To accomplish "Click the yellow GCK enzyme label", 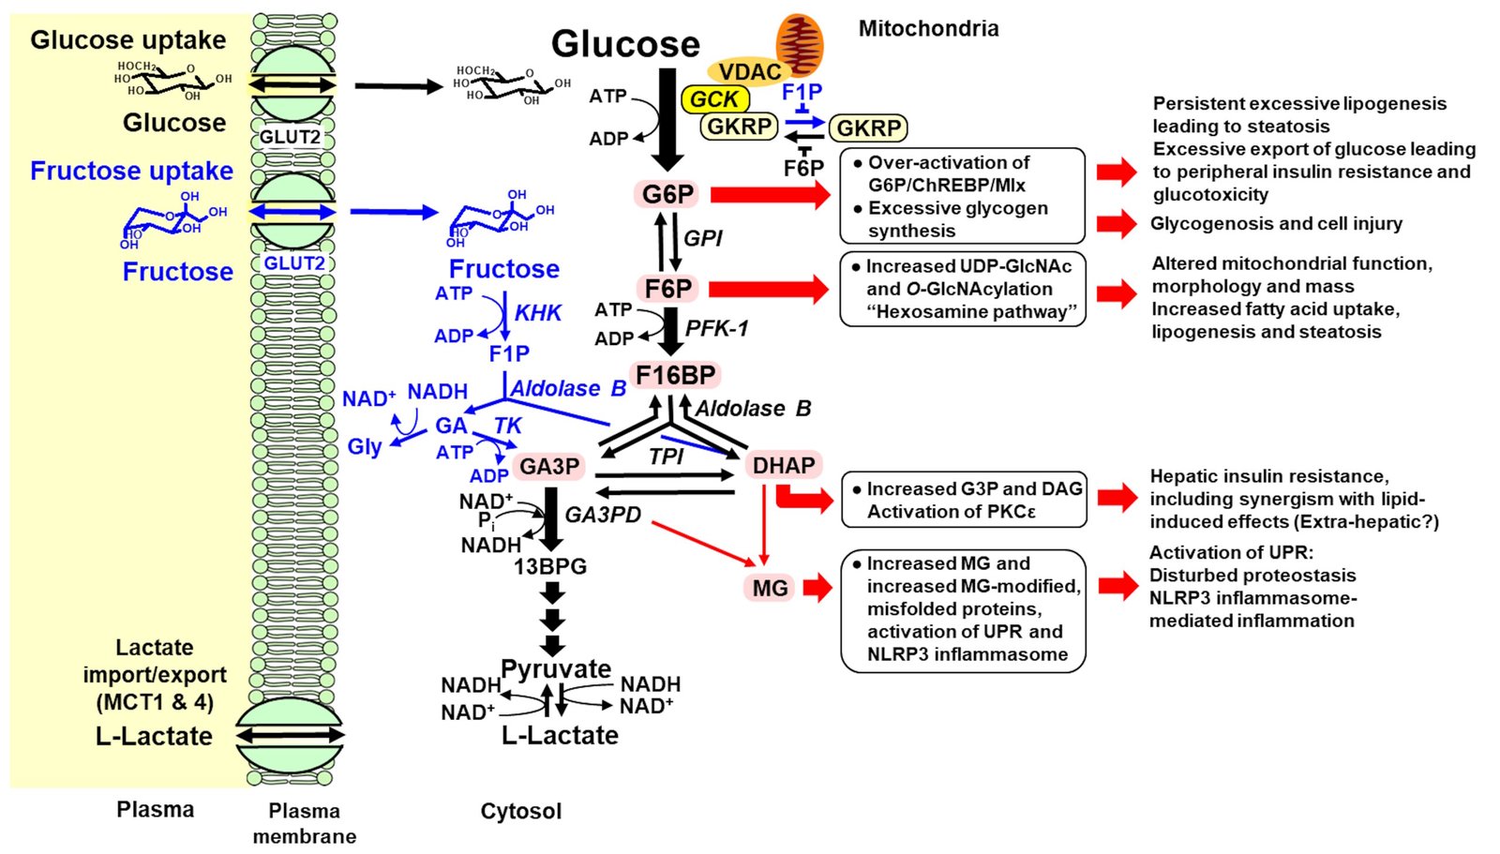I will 714,99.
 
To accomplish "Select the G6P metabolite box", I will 667,194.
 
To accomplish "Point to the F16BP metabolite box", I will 675,375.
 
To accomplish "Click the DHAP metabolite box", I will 784,466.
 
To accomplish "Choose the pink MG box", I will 770,588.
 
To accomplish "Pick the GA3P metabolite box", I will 549,467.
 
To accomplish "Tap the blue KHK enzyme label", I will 538,313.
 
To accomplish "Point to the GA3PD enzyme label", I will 603,515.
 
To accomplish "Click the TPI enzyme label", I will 666,457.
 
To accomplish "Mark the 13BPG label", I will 549,566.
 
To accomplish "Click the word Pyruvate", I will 556,669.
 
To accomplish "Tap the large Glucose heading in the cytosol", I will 625,44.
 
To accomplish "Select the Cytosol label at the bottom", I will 520,811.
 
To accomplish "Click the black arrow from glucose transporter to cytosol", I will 397,87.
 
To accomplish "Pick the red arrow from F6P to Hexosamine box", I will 769,290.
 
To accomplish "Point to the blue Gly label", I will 365,446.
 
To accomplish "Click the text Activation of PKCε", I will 951,512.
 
